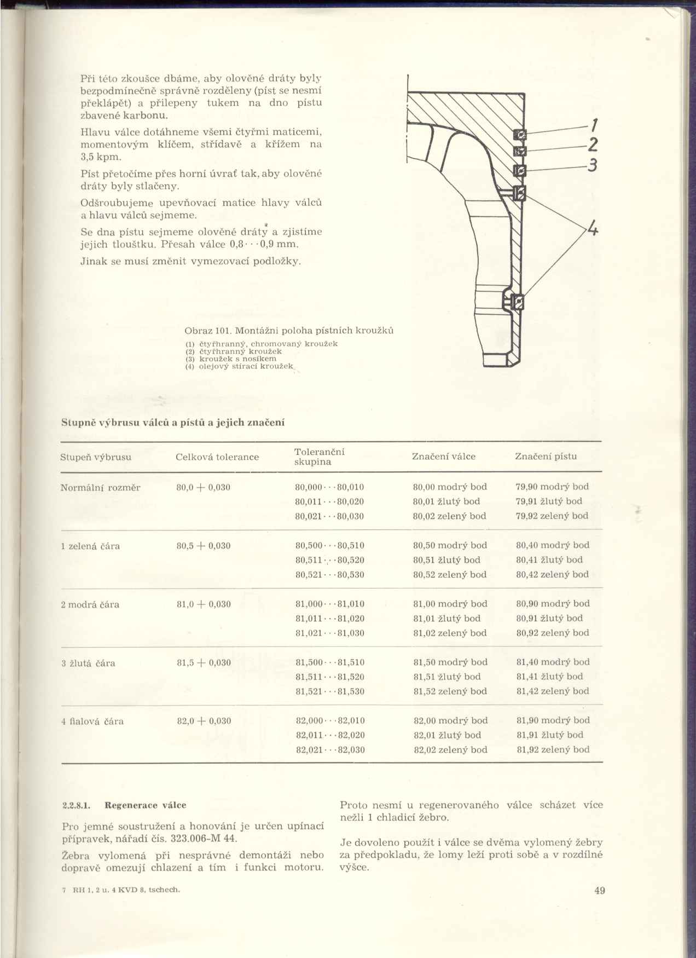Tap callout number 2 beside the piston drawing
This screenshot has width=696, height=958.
click(592, 145)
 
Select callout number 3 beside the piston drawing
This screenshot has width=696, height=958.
click(591, 165)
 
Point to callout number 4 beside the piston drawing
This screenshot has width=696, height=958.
click(591, 228)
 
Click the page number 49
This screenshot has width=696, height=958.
click(599, 890)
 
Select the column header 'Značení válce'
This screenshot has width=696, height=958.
click(443, 457)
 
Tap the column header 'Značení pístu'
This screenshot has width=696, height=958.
click(546, 457)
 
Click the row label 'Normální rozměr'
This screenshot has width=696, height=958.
click(100, 487)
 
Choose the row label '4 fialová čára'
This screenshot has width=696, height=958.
click(92, 721)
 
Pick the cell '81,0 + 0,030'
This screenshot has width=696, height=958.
click(204, 604)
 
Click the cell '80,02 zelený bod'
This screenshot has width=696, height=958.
click(449, 516)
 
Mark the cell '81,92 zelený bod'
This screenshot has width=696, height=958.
click(553, 749)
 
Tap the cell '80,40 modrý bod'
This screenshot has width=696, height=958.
click(553, 545)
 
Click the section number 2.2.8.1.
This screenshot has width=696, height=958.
click(76, 805)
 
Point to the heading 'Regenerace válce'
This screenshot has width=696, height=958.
click(145, 805)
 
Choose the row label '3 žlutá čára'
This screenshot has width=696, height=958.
click(88, 663)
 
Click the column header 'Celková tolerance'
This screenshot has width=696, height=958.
click(217, 457)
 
